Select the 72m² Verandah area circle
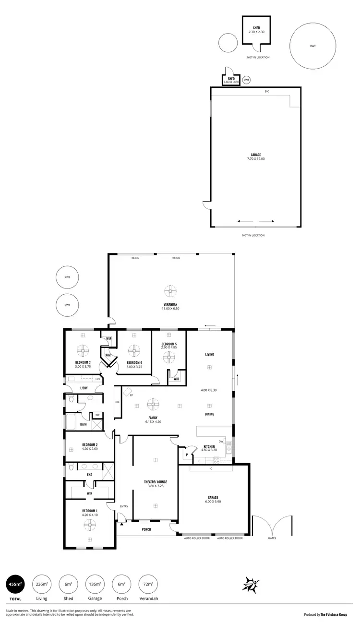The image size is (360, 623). (x=148, y=584)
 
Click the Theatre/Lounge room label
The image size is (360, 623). (x=155, y=482)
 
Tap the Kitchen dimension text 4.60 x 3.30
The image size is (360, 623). (x=210, y=450)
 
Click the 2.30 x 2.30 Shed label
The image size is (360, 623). (x=256, y=32)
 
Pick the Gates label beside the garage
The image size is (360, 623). (x=272, y=538)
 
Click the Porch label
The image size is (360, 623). (x=146, y=529)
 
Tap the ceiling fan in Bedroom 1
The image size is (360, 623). (x=89, y=526)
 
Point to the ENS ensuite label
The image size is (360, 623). (x=89, y=475)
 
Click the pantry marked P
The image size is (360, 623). (x=186, y=455)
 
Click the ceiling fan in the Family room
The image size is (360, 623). (x=153, y=405)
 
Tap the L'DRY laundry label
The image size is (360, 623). (x=84, y=388)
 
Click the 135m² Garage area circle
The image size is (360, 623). (x=95, y=584)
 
